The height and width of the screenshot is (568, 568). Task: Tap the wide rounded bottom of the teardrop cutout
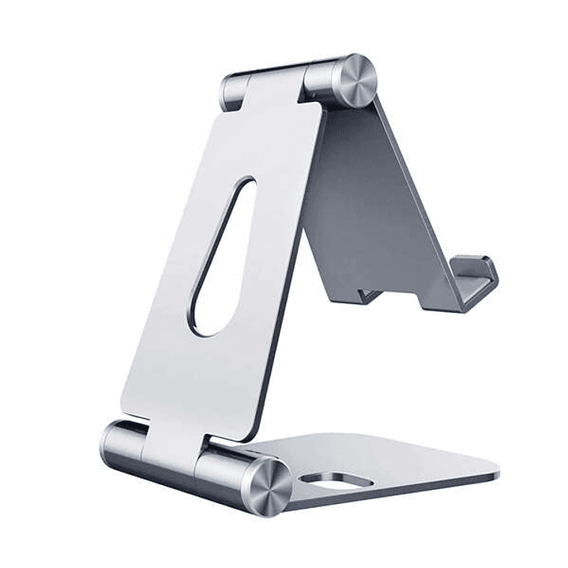click(209, 316)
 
